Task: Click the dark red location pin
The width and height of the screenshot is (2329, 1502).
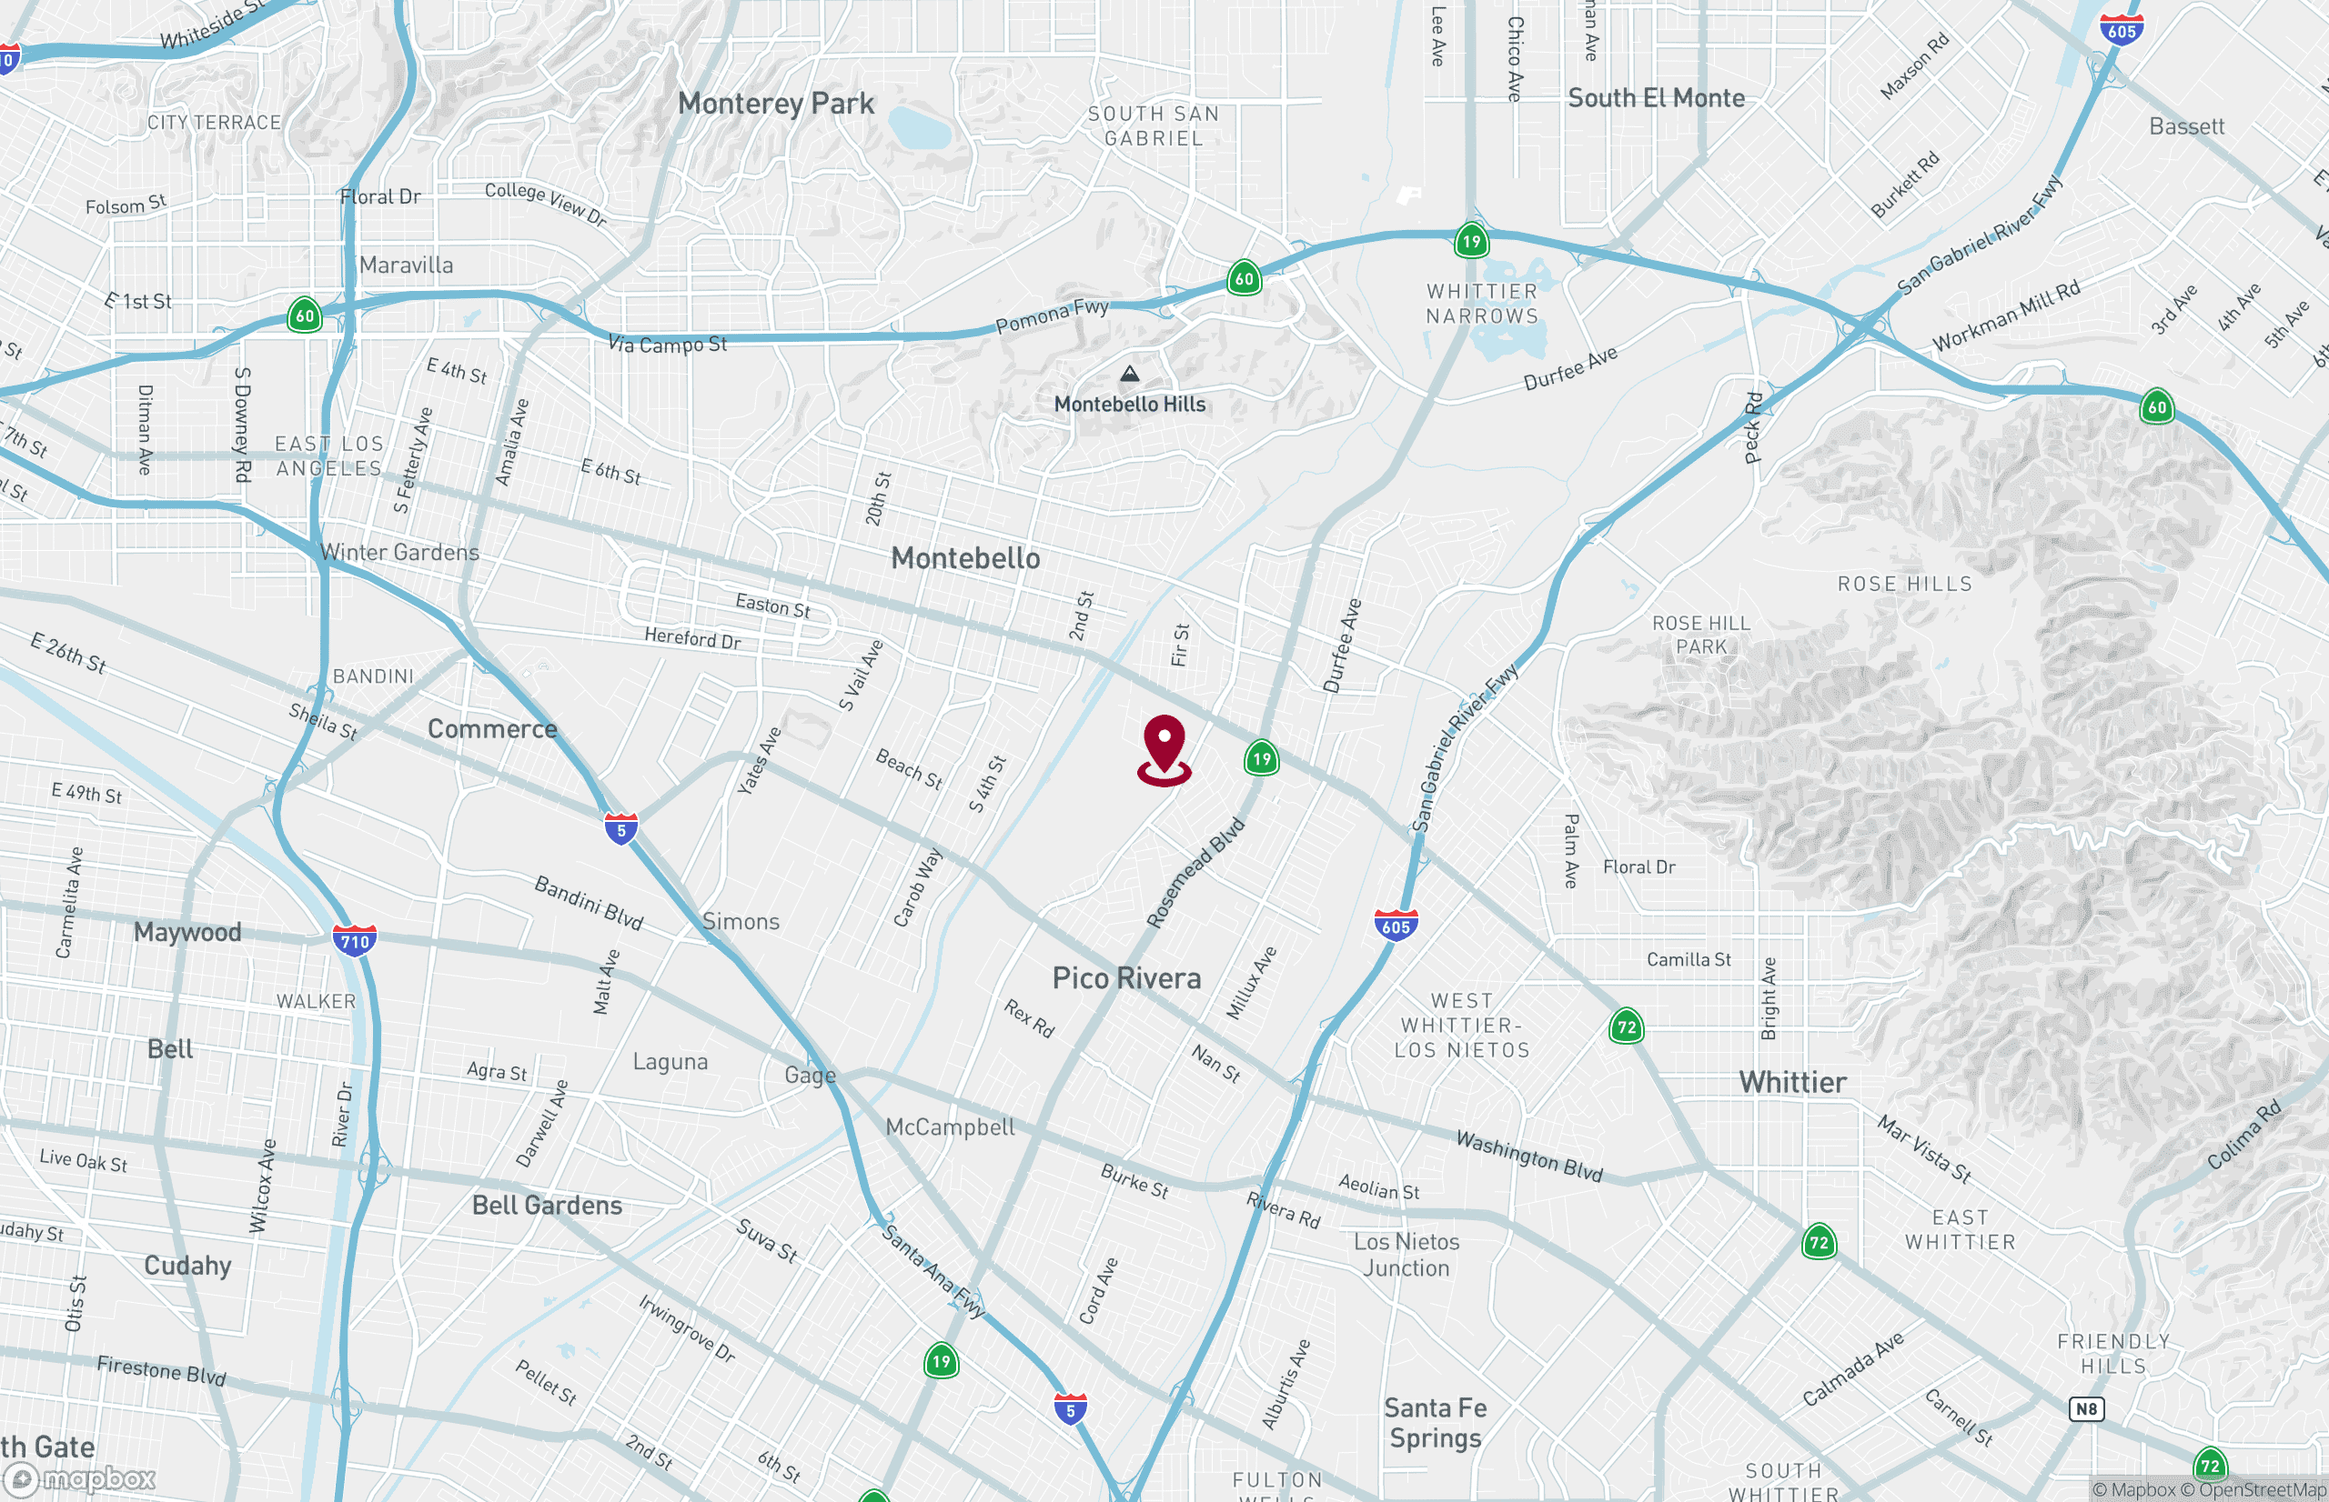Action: (x=1164, y=748)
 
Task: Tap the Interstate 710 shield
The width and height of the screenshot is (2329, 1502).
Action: (x=354, y=940)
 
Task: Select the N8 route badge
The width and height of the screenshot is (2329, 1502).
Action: (x=2086, y=1408)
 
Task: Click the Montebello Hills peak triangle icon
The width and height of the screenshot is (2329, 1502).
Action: (x=1129, y=374)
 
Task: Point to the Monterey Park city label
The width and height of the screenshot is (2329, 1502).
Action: (x=776, y=104)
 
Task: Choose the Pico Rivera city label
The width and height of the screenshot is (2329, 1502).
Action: (x=1126, y=978)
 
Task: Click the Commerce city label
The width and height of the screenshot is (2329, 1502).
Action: (x=492, y=728)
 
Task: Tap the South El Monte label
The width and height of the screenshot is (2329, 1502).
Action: (x=1656, y=98)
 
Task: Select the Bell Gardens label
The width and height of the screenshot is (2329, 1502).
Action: (x=547, y=1206)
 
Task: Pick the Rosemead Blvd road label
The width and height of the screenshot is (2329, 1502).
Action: (x=1195, y=872)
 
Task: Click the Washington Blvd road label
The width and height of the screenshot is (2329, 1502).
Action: (x=1529, y=1156)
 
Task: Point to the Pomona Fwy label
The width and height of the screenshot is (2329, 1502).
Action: (x=1052, y=315)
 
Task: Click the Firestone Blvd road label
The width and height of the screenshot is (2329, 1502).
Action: (x=161, y=1370)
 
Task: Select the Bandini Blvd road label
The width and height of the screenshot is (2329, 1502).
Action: (x=589, y=902)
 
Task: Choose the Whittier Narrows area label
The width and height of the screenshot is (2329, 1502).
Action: (x=1481, y=304)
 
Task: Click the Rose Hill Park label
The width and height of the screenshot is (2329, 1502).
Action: (x=1700, y=634)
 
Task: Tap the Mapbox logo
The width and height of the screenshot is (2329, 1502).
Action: (x=80, y=1479)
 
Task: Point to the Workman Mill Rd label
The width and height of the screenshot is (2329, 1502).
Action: (x=2006, y=315)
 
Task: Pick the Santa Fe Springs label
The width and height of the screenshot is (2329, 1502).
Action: (x=1436, y=1422)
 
